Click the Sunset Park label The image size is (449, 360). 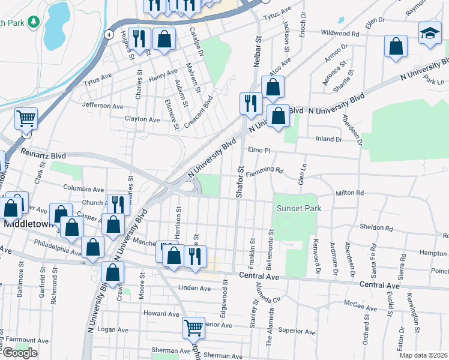pos(299,208)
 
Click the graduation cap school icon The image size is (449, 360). pos(429,34)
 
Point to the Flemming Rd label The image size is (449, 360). pos(264,170)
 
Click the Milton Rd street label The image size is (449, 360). pos(350,193)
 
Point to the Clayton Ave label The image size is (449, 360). pos(142,119)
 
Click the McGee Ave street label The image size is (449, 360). pos(344,308)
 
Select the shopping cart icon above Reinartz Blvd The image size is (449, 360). pos(26,119)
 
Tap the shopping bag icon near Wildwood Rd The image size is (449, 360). pos(396,46)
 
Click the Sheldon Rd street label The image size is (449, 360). pos(376,228)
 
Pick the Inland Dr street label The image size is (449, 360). pos(329,139)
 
